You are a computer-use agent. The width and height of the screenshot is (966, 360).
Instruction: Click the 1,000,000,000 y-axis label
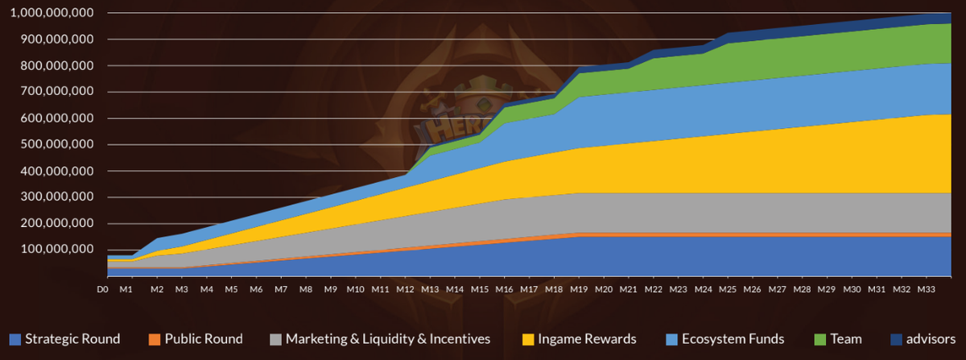pos(49,13)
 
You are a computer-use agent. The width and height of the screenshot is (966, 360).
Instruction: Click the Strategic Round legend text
pos(72,339)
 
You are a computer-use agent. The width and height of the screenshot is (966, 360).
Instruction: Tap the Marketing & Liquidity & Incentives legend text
pos(387,339)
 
